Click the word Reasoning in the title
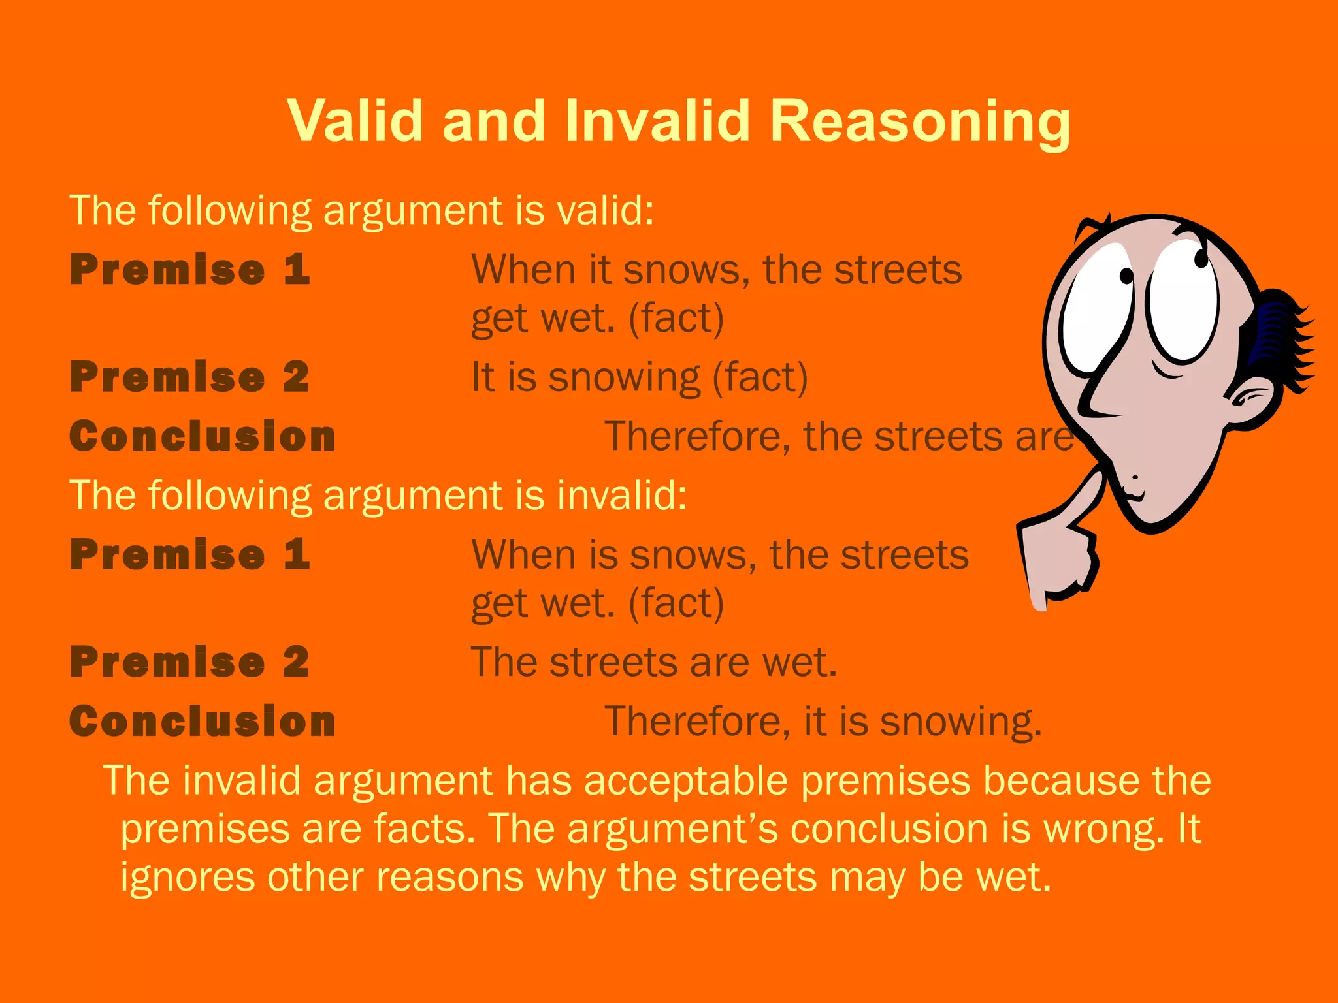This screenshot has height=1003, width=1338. (x=920, y=121)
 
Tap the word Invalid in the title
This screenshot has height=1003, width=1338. (x=657, y=120)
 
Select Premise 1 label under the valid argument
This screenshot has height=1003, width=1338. (x=190, y=270)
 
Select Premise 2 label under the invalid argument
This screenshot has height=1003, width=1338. (x=190, y=661)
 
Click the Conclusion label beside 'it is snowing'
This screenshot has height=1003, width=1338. (x=203, y=722)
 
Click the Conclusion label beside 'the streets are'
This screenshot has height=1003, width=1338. (x=203, y=436)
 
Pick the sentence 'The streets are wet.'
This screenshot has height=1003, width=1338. (x=653, y=662)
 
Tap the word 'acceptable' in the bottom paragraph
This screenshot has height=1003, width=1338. (x=686, y=780)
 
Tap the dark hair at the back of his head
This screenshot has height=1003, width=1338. (x=1281, y=340)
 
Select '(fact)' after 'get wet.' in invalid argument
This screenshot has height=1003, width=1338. (x=676, y=603)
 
